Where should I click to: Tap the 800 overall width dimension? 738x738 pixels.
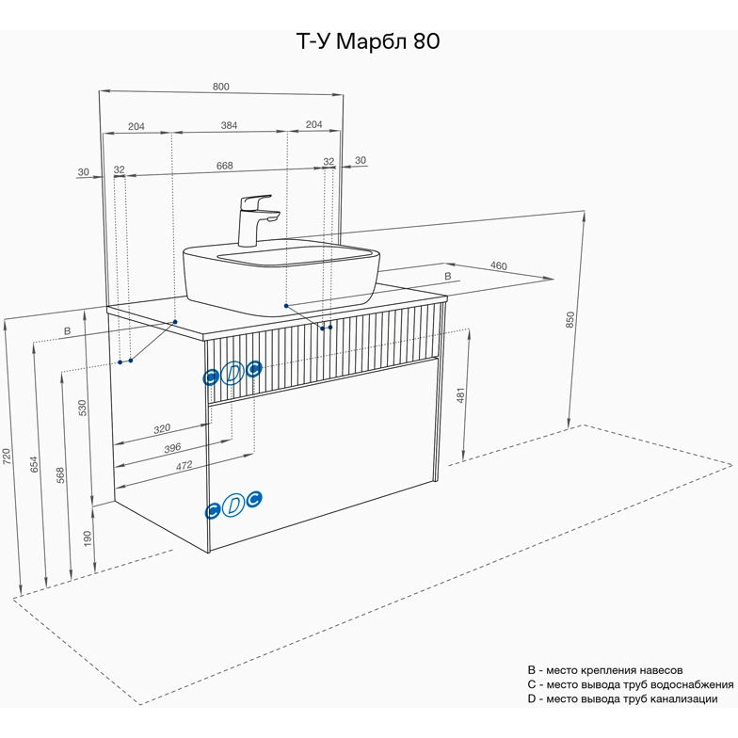click(x=221, y=87)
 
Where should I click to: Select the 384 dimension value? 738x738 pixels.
click(x=229, y=125)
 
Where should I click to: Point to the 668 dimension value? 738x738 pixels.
click(x=224, y=166)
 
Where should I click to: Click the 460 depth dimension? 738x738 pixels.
click(x=498, y=266)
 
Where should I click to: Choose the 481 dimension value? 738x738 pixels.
click(x=461, y=396)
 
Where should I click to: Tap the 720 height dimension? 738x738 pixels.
click(x=8, y=457)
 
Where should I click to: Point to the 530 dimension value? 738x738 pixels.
click(x=83, y=408)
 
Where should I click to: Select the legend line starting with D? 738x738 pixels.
click(x=622, y=698)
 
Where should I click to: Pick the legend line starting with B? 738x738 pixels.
click(x=612, y=669)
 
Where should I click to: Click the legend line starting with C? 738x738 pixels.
click(x=631, y=684)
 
